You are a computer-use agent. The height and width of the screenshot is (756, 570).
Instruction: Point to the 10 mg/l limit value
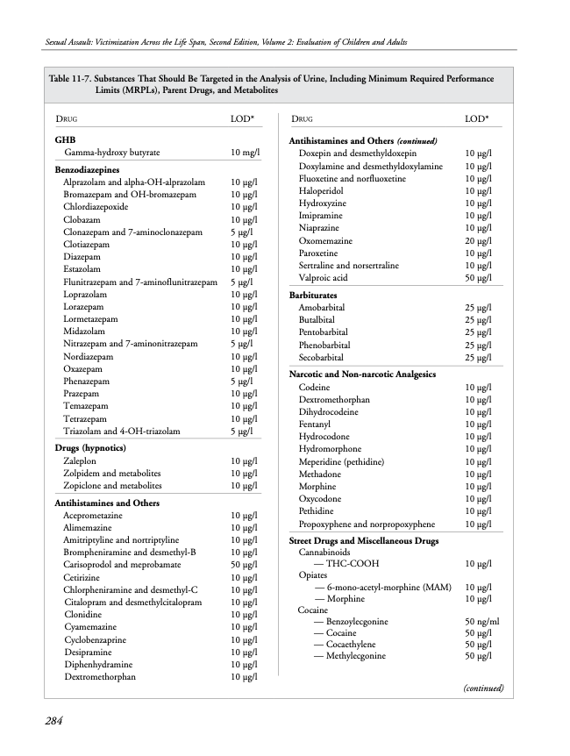tap(245, 153)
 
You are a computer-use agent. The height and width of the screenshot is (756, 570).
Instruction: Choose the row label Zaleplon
tap(83, 460)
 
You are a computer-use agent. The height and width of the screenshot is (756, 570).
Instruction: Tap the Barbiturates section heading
tap(313, 296)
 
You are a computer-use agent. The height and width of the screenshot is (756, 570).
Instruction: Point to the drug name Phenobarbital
tap(325, 346)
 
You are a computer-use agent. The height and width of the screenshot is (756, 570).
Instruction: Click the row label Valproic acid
tap(323, 277)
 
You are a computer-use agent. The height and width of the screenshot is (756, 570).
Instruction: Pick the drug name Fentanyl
tap(315, 424)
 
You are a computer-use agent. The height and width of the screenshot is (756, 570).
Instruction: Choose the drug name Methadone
tap(319, 474)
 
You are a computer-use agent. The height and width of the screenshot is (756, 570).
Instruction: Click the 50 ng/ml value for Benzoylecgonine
tap(481, 621)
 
